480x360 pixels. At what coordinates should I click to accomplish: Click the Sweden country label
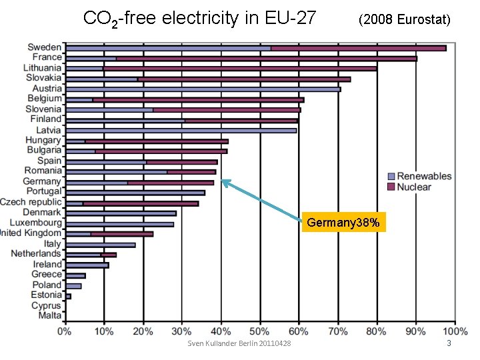(x=44, y=47)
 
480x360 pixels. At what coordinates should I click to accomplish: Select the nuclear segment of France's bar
(x=266, y=58)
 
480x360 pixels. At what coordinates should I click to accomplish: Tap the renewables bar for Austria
(x=203, y=89)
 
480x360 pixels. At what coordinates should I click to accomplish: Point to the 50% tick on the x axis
(x=260, y=331)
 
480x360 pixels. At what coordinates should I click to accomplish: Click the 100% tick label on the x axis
(x=455, y=331)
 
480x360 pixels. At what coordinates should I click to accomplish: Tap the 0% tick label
(x=65, y=331)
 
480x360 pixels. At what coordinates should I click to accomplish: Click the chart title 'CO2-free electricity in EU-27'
(x=199, y=18)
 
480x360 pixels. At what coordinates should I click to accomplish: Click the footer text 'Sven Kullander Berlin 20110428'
(x=239, y=343)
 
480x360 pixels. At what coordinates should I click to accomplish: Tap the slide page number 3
(x=449, y=343)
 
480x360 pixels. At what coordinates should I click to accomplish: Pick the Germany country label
(x=41, y=181)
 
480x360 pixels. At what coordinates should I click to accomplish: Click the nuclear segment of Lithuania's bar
(x=239, y=68)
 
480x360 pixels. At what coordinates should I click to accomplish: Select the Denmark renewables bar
(x=121, y=213)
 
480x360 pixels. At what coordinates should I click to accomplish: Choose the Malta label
(x=49, y=315)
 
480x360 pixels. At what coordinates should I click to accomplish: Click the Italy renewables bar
(x=100, y=244)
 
